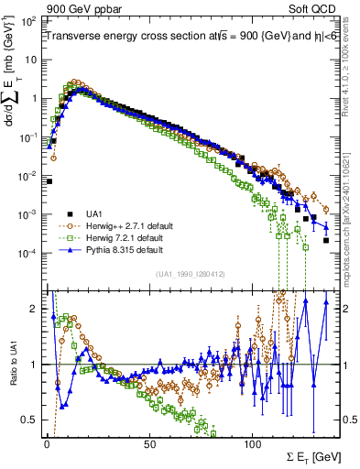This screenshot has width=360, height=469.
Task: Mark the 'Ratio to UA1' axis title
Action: click(x=13, y=365)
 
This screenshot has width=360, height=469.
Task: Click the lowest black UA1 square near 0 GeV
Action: click(x=49, y=181)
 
